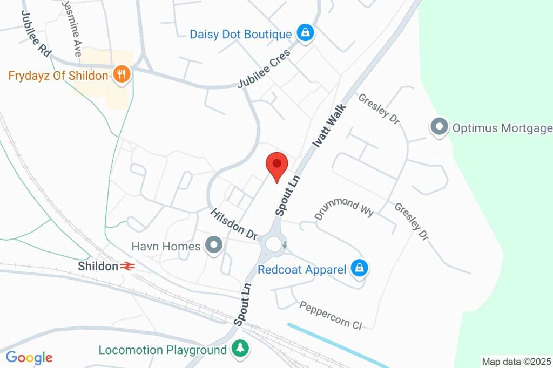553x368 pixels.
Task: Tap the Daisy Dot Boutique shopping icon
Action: click(x=306, y=33)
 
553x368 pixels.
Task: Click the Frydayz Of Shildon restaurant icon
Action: click(x=122, y=74)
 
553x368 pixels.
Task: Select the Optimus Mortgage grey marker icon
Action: click(x=439, y=127)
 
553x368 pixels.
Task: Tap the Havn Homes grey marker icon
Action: click(x=215, y=246)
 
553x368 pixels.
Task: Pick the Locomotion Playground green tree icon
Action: click(x=239, y=348)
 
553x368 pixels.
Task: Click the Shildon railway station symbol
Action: click(x=127, y=265)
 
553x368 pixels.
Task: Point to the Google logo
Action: click(x=29, y=357)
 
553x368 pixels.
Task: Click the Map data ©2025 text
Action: click(x=516, y=361)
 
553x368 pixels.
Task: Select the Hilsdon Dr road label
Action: click(x=234, y=224)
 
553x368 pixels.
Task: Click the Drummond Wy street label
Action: click(x=344, y=208)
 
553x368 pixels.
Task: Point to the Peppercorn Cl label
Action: click(x=331, y=315)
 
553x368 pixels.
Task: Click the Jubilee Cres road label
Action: click(x=264, y=69)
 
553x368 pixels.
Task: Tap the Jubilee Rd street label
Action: click(x=36, y=33)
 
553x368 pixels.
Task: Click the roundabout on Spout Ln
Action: click(x=274, y=246)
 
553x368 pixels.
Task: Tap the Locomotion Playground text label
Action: click(x=163, y=350)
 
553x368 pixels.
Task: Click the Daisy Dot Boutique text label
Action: click(x=240, y=34)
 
